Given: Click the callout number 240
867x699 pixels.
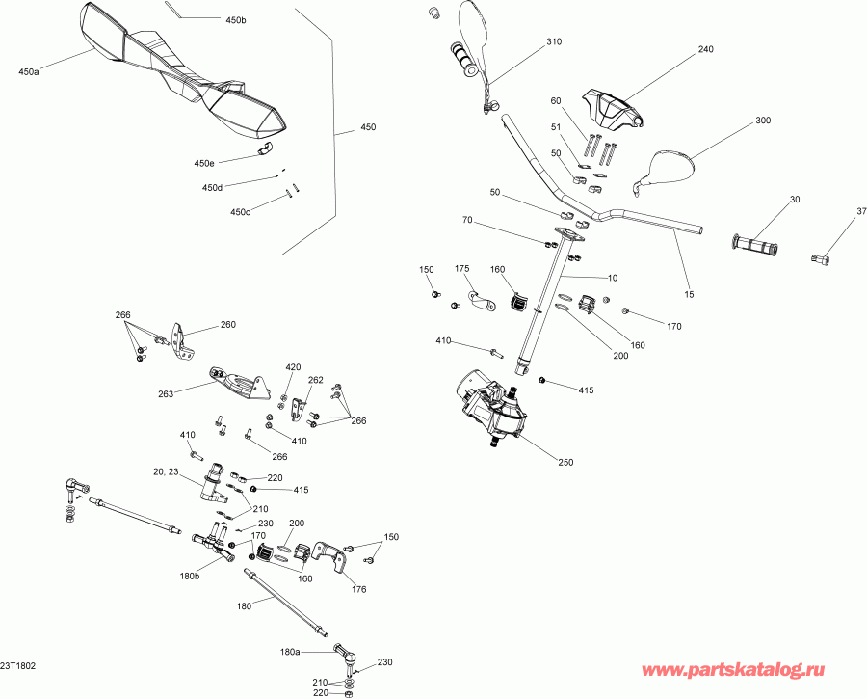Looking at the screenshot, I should point(705,49).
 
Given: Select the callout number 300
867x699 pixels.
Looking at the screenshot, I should point(763,121).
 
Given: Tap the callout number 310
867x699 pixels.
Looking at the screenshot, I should point(553,42).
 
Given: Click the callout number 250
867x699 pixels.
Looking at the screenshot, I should point(565,462).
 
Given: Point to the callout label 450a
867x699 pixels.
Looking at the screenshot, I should point(29,71).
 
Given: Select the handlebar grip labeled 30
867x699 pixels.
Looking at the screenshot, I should point(756,246).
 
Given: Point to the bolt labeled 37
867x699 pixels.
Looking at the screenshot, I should point(819,257).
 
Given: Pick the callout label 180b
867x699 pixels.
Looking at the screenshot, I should point(190,576).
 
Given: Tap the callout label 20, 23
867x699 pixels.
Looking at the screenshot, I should point(167,472).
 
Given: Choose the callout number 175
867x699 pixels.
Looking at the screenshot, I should point(461,269).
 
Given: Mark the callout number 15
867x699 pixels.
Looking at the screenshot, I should point(689,292).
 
